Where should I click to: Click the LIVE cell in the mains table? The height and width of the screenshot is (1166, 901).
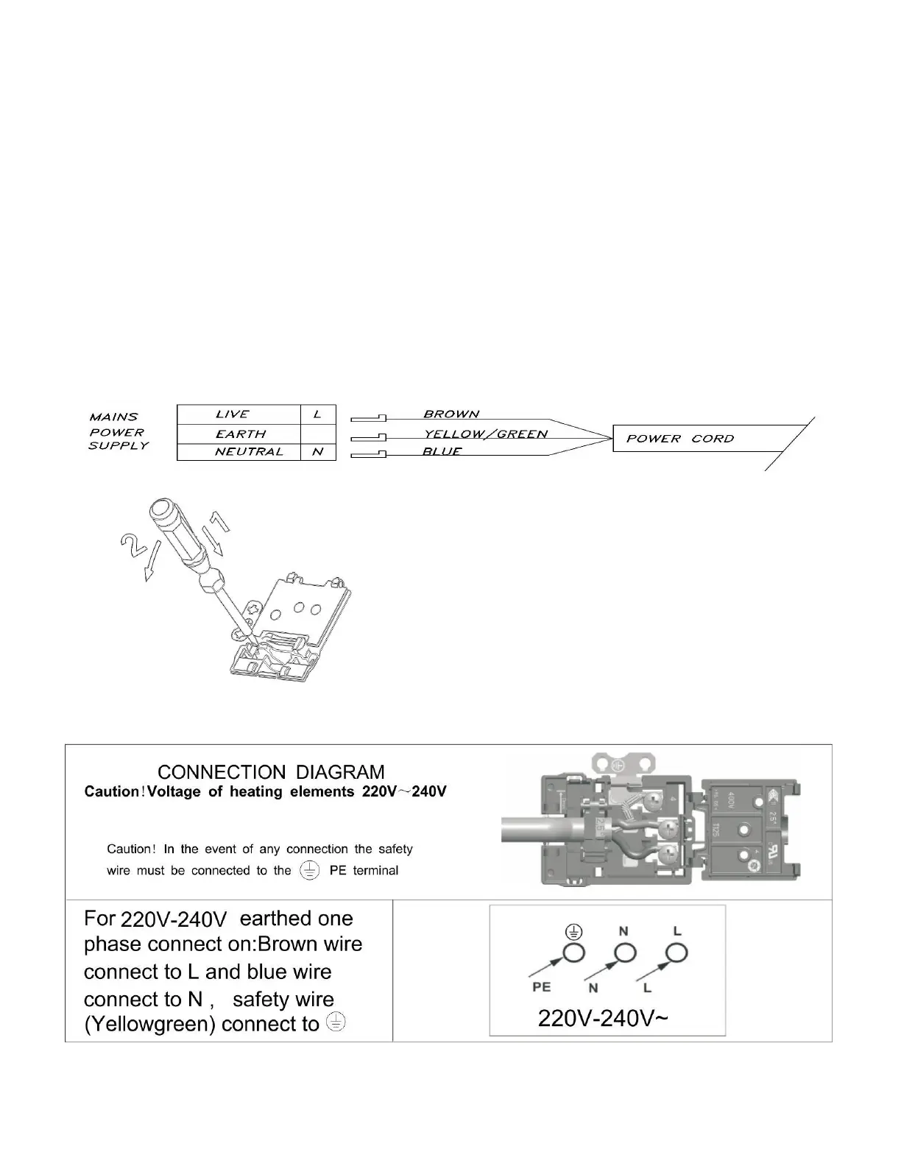(233, 414)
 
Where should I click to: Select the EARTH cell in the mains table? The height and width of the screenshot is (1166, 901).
(241, 434)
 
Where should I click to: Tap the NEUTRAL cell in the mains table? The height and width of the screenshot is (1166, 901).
(248, 452)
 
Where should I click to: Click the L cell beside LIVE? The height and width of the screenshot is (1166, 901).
(318, 414)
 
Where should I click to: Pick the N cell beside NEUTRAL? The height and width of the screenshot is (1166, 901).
(318, 452)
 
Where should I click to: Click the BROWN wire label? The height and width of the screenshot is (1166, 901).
(451, 414)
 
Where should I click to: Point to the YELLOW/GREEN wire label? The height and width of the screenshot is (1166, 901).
(485, 434)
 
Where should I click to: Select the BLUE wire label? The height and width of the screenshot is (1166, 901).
(442, 451)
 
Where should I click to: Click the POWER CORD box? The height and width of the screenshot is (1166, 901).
(680, 439)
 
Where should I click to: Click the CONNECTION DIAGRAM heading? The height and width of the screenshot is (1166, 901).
(271, 772)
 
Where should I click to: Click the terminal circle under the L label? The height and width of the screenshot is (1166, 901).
(675, 954)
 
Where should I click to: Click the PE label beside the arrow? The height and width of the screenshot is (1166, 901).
(542, 987)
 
